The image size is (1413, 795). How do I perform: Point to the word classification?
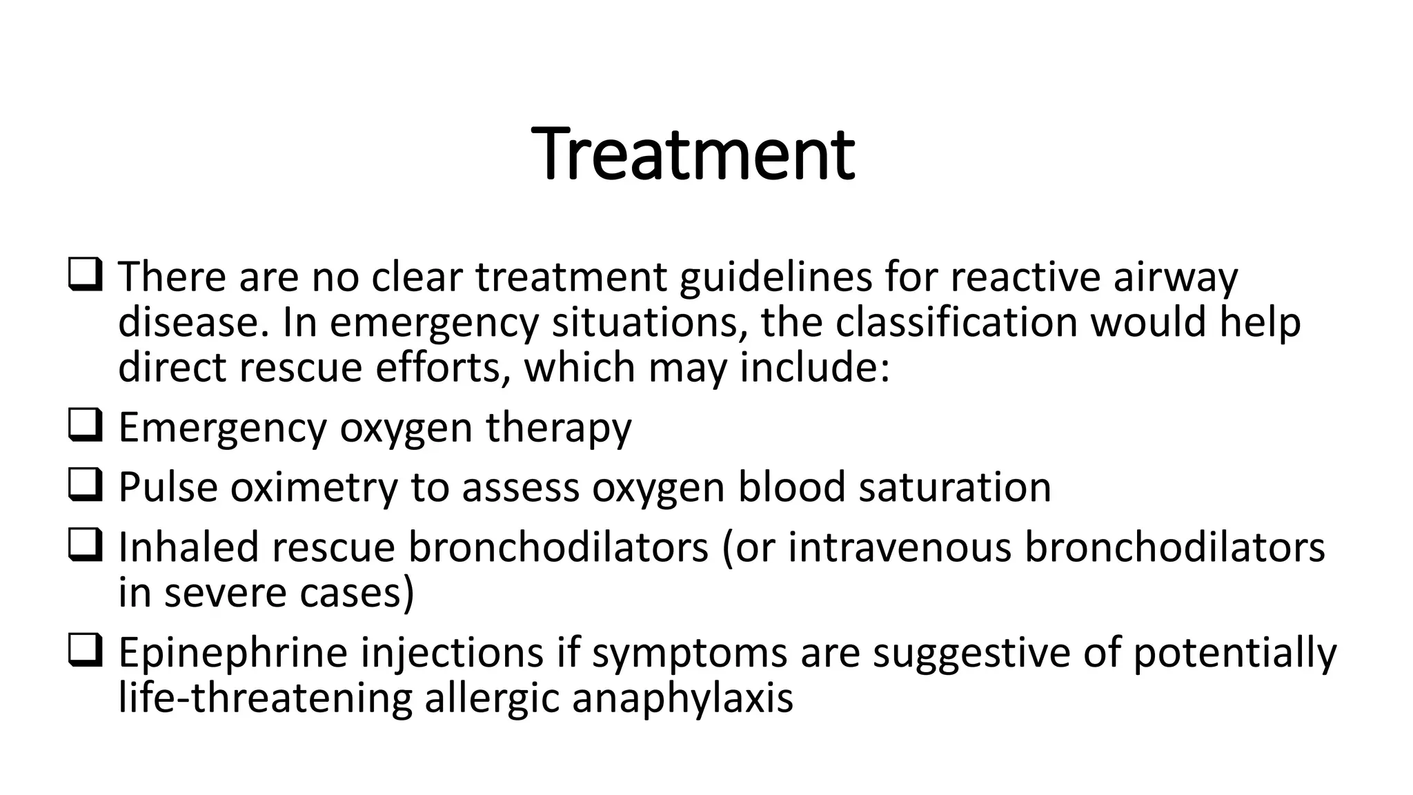pyautogui.click(x=956, y=322)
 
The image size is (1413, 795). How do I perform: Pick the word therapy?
pyautogui.click(x=558, y=427)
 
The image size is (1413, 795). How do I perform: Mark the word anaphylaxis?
pyautogui.click(x=682, y=698)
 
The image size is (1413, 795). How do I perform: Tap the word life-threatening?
pyautogui.click(x=265, y=698)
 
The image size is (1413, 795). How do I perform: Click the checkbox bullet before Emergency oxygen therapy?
pyautogui.click(x=86, y=425)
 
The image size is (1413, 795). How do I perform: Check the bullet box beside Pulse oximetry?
pyautogui.click(x=86, y=485)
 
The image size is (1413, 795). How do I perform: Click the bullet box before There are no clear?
pyautogui.click(x=86, y=275)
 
